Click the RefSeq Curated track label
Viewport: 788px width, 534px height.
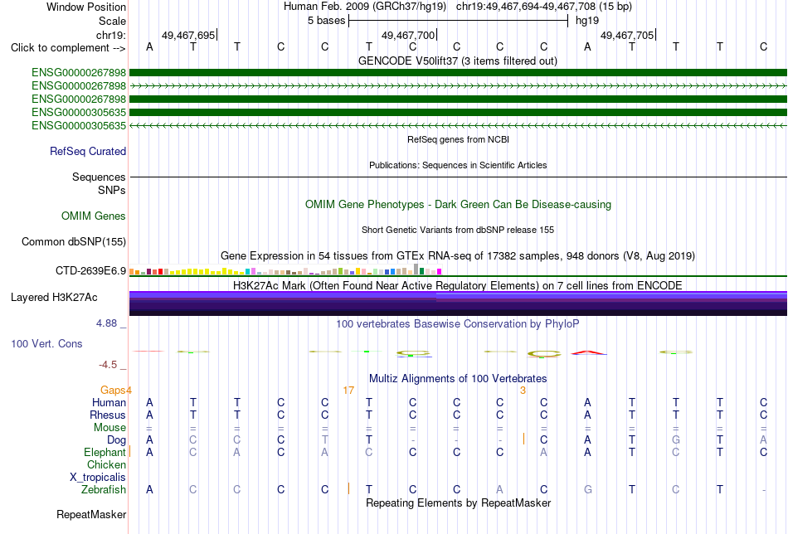(x=88, y=151)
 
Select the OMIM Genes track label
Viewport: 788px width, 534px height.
(x=94, y=216)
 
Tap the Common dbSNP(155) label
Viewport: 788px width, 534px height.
(x=74, y=241)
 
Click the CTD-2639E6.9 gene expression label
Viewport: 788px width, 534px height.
(x=91, y=271)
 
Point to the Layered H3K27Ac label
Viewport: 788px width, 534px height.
(x=54, y=298)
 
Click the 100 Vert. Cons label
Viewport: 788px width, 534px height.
(x=46, y=343)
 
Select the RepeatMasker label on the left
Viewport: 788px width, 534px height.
(x=91, y=514)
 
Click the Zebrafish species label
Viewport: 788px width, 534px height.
(x=104, y=490)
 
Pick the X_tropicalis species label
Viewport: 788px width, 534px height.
(x=98, y=478)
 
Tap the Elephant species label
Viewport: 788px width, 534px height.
(x=105, y=452)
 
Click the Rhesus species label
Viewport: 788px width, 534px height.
(x=108, y=415)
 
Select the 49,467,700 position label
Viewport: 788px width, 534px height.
(x=408, y=35)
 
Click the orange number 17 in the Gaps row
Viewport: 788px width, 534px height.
(x=348, y=391)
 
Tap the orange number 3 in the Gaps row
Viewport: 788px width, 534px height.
(x=523, y=391)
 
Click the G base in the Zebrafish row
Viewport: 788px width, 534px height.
(x=587, y=490)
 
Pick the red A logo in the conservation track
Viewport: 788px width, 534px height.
(x=588, y=352)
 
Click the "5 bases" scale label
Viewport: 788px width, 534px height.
(x=327, y=21)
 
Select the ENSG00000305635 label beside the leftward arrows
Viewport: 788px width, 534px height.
(x=79, y=125)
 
